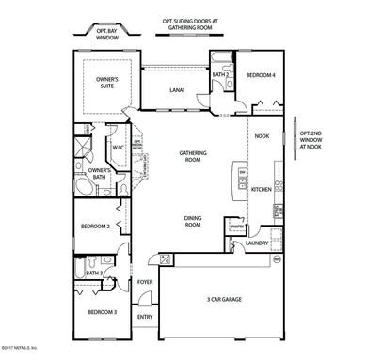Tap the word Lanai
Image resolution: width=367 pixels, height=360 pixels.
[176, 91]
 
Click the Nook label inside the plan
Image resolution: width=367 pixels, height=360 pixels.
[263, 136]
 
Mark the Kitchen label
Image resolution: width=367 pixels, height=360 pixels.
[262, 190]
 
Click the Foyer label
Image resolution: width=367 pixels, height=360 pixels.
[146, 281]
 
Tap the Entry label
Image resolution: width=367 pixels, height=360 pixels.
[145, 316]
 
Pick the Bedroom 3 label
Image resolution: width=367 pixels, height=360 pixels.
[101, 311]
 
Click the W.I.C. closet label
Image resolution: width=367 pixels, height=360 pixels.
[120, 147]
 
